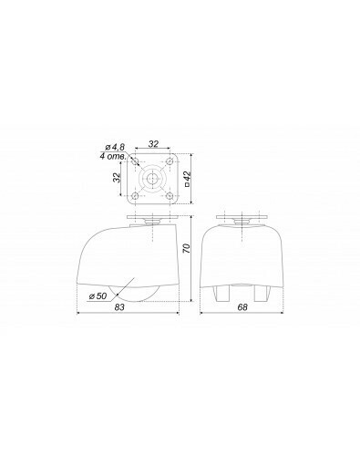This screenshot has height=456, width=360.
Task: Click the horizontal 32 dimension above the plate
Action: coord(153,144)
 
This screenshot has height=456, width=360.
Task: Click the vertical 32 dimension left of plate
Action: coord(117,178)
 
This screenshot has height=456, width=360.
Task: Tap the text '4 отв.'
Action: coord(113,157)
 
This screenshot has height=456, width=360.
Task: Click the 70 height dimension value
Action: coord(187,249)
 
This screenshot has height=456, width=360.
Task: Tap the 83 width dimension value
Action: coord(119,307)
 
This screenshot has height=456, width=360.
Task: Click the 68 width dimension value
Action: coord(242,307)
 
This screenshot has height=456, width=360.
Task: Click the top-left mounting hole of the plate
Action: coord(136,161)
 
